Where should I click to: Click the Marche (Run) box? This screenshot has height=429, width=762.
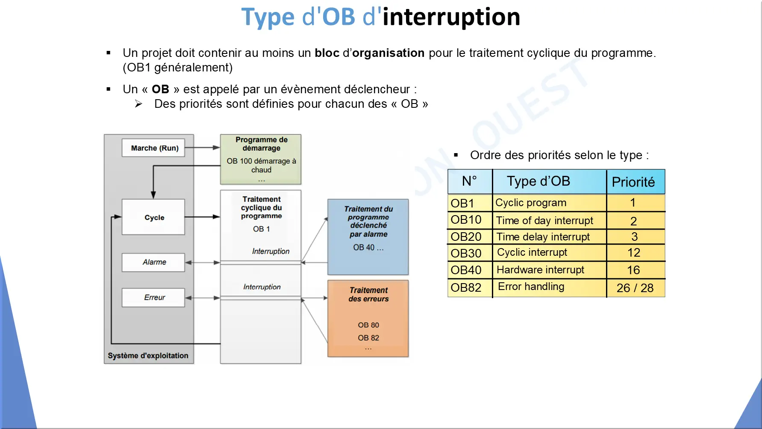(153, 148)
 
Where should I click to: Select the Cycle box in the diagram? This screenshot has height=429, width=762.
(153, 217)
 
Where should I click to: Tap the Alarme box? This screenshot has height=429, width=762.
(153, 262)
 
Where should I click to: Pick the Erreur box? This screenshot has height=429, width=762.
(153, 297)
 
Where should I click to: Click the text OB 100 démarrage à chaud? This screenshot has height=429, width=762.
(261, 166)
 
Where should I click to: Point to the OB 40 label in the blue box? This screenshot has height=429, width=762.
(368, 248)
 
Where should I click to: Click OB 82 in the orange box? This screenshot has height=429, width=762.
(368, 338)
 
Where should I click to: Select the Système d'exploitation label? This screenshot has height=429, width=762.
(148, 356)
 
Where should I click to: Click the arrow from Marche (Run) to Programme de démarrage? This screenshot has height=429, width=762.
(203, 148)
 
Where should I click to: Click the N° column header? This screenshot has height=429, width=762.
(470, 181)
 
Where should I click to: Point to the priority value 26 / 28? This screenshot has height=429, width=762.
(635, 288)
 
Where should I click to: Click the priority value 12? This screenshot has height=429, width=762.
(634, 253)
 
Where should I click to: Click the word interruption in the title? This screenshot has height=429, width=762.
(451, 18)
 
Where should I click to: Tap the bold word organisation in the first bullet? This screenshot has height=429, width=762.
(388, 53)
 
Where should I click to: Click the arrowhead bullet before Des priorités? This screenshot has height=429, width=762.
(138, 104)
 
